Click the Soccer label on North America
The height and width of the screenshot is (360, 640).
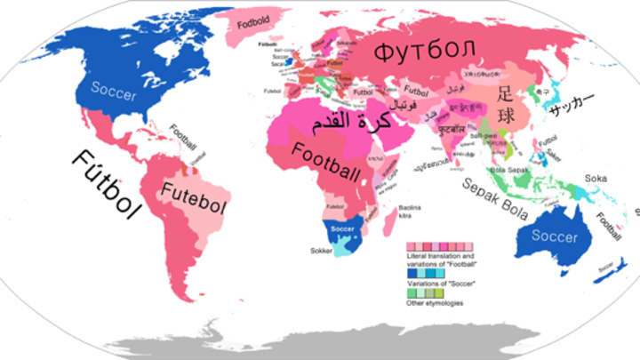coord(114,92)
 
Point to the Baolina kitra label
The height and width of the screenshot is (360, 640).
coord(410,212)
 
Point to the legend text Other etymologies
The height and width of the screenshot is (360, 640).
coord(436,303)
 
